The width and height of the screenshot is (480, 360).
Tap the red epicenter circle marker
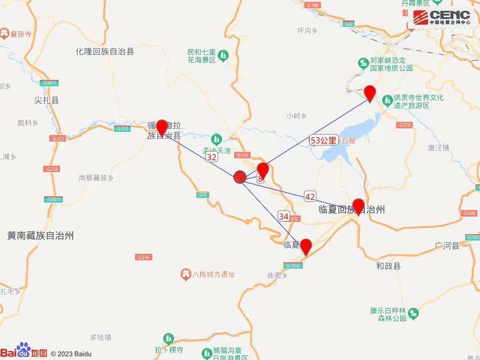[x=239, y=177]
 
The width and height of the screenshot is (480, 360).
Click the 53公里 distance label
[x=323, y=140]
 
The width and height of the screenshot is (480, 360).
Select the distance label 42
[x=310, y=196]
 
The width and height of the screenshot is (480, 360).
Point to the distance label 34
[x=284, y=216]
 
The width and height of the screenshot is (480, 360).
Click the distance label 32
[x=211, y=157]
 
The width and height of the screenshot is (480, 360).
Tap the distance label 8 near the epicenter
[x=260, y=179]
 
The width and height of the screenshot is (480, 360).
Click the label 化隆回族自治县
[x=105, y=52]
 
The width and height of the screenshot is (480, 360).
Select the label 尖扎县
[x=47, y=101]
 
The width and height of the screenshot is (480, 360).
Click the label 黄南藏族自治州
[x=40, y=236]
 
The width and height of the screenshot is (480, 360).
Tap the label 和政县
[x=388, y=265]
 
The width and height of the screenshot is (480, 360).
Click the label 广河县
[x=447, y=246]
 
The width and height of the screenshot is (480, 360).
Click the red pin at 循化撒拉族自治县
[x=161, y=128]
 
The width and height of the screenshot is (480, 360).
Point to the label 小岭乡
[x=296, y=115]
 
